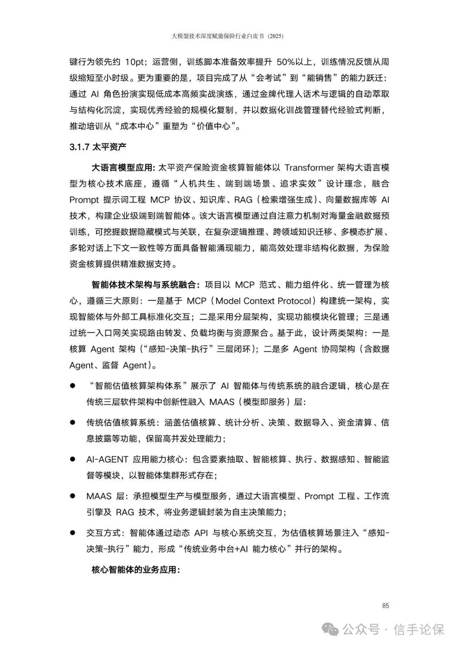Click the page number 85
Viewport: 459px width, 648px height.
[385, 606]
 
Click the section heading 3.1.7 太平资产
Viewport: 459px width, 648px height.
[98, 147]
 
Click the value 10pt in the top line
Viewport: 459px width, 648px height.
[135, 62]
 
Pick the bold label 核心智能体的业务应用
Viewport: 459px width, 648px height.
[135, 569]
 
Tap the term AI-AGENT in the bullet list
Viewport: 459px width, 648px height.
[107, 459]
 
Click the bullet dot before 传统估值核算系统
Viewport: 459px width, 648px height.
[73, 422]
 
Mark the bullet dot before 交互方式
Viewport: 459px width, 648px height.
[73, 533]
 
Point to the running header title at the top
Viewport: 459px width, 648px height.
[227, 36]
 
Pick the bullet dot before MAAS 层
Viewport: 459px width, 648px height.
[73, 496]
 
